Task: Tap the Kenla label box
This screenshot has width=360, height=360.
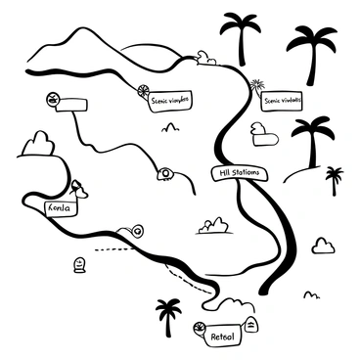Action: (60, 207)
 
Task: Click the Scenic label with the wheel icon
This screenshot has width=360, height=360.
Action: (169, 98)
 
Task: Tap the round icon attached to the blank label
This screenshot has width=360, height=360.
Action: (52, 99)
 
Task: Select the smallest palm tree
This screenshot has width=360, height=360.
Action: (335, 179)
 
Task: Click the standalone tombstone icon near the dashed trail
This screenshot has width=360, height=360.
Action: (79, 263)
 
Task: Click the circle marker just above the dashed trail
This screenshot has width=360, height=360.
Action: (137, 232)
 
